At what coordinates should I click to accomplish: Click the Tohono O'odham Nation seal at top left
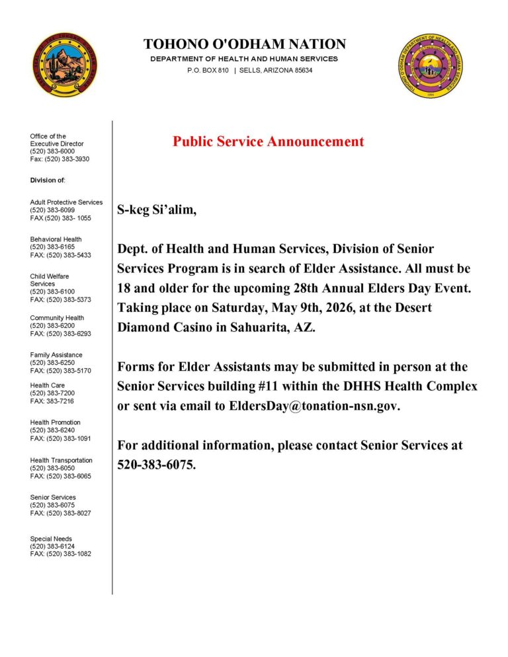(x=64, y=65)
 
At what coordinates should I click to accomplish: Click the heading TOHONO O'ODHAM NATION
(x=245, y=44)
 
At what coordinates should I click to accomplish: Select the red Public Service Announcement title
(x=268, y=141)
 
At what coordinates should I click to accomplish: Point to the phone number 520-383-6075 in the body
(x=156, y=465)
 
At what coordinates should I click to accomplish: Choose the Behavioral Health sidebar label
(x=56, y=239)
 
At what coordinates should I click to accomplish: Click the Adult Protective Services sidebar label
(x=66, y=202)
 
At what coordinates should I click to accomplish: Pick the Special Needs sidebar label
(x=51, y=539)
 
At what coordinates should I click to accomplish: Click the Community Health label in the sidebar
(x=57, y=318)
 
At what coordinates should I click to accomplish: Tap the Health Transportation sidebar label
(x=62, y=460)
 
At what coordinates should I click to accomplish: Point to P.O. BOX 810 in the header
(x=208, y=70)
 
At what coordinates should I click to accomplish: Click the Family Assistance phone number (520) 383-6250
(x=52, y=363)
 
